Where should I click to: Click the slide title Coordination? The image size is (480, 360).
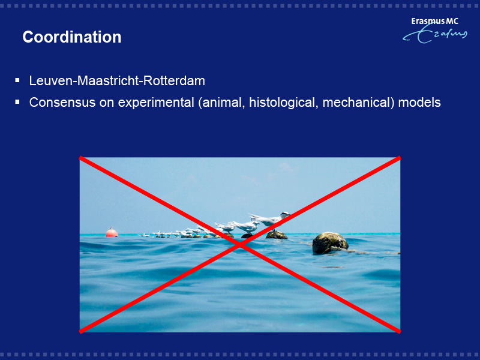[72, 37]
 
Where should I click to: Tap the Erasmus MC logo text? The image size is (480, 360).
[434, 21]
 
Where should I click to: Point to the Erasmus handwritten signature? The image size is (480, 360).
[435, 34]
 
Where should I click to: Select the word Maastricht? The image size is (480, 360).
[108, 81]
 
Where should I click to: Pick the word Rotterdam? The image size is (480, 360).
[174, 81]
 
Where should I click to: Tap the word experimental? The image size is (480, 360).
[156, 103]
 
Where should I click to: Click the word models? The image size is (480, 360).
[419, 102]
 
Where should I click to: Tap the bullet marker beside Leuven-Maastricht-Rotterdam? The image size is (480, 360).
[17, 80]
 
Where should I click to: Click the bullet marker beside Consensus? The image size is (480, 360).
[17, 102]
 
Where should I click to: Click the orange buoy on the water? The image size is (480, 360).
[112, 233]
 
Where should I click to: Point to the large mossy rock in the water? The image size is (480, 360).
[330, 243]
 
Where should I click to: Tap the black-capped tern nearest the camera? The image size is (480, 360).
[271, 219]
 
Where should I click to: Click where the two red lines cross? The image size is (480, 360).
[240, 245]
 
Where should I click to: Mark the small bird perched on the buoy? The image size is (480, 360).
[111, 228]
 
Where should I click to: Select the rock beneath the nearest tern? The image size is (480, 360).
[277, 235]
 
